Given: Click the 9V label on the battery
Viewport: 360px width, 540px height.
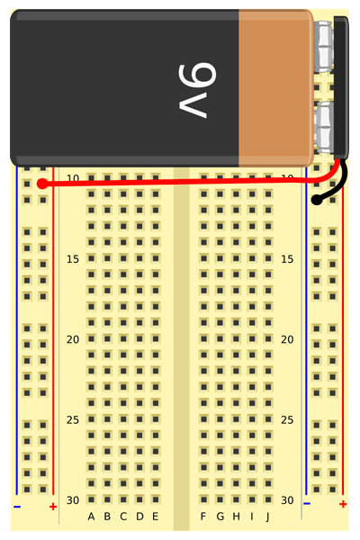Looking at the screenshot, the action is pos(197,90).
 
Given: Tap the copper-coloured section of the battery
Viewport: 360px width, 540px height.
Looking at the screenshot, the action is pos(275,88).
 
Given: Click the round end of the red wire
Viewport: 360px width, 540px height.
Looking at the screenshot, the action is pos(42,184).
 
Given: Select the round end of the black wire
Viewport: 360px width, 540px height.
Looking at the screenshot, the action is pos(317,200).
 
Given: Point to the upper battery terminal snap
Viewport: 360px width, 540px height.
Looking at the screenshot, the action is pos(324,47).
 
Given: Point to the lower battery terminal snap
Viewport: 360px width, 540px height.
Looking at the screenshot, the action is pos(324,128).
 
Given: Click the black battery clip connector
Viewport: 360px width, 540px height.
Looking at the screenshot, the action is pos(341,88).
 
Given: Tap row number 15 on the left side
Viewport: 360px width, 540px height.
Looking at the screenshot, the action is pos(73,259).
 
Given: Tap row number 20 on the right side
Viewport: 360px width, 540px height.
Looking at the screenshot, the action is pos(287,339).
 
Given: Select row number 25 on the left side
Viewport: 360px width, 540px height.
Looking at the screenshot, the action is pos(73,419).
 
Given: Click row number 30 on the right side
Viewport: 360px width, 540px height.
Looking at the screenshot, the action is pos(287,500).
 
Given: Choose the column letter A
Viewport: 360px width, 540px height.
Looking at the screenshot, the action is pos(91,517).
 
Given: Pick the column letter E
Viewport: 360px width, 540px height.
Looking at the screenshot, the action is pos(156,517).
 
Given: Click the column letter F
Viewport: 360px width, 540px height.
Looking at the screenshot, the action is pos(203,517).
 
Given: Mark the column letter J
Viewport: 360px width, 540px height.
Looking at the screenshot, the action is pos(267,517).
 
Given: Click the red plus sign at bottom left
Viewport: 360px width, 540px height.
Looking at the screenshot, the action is pos(53,507).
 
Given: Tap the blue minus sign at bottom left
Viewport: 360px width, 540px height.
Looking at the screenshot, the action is pos(17,507).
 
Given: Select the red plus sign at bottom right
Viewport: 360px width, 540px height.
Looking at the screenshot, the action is pos(343,504).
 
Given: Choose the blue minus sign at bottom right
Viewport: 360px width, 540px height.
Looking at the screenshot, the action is pos(307,504).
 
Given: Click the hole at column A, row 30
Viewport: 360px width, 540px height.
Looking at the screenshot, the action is pos(91,499).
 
